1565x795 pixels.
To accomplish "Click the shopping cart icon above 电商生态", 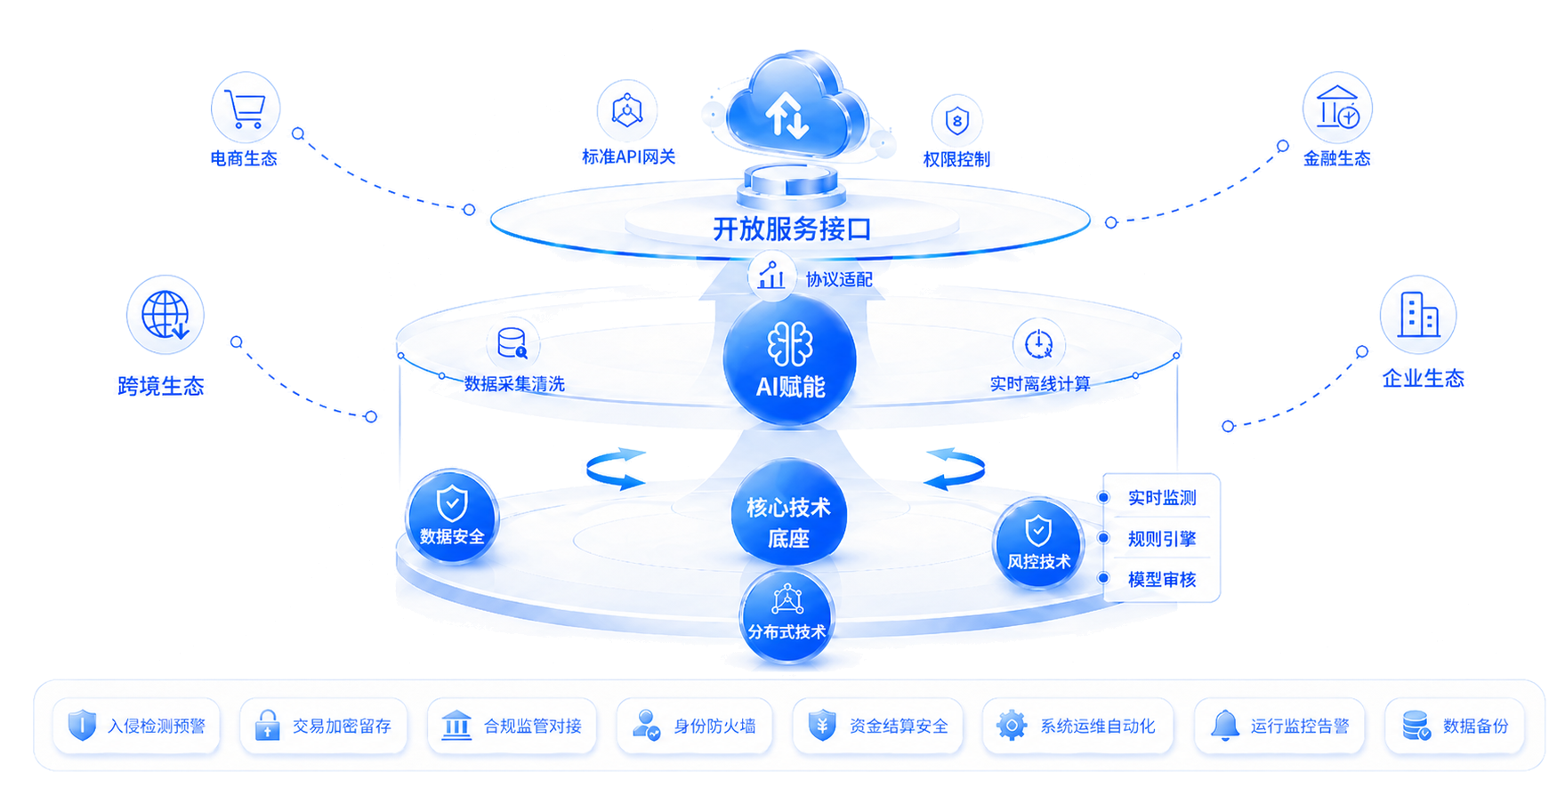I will [245, 108].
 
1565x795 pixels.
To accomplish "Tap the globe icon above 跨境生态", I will [165, 315].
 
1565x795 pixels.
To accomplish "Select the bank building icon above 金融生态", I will [1337, 108].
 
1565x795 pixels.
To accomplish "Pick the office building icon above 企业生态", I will [1418, 315].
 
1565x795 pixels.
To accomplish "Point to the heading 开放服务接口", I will [792, 229].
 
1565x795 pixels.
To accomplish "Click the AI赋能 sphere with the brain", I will [790, 360].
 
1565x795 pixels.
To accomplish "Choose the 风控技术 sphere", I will [1038, 542].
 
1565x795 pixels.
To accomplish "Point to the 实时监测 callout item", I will [1162, 498].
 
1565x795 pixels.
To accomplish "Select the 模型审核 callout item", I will [1162, 580].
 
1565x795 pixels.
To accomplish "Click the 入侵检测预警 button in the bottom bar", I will [137, 727].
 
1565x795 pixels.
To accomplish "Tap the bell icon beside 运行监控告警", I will [1225, 726].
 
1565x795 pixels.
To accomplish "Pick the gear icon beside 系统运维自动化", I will [1012, 726].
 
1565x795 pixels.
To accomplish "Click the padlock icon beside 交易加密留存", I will [267, 726].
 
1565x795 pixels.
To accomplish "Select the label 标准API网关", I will [628, 157].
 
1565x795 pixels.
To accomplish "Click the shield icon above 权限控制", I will [956, 120].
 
